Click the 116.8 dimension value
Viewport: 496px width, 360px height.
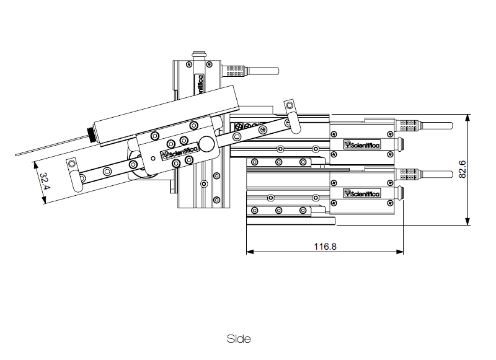pos(325,246)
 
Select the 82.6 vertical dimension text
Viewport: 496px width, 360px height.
pos(462,169)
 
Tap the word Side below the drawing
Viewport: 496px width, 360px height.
pos(239,339)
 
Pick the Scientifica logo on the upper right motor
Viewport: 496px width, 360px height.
pos(363,145)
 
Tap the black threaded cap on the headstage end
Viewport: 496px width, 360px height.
pos(92,133)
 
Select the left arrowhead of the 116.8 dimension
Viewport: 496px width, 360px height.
pos(249,252)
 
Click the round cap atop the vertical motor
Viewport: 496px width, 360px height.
pos(200,55)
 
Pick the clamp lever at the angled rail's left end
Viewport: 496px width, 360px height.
pos(74,173)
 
